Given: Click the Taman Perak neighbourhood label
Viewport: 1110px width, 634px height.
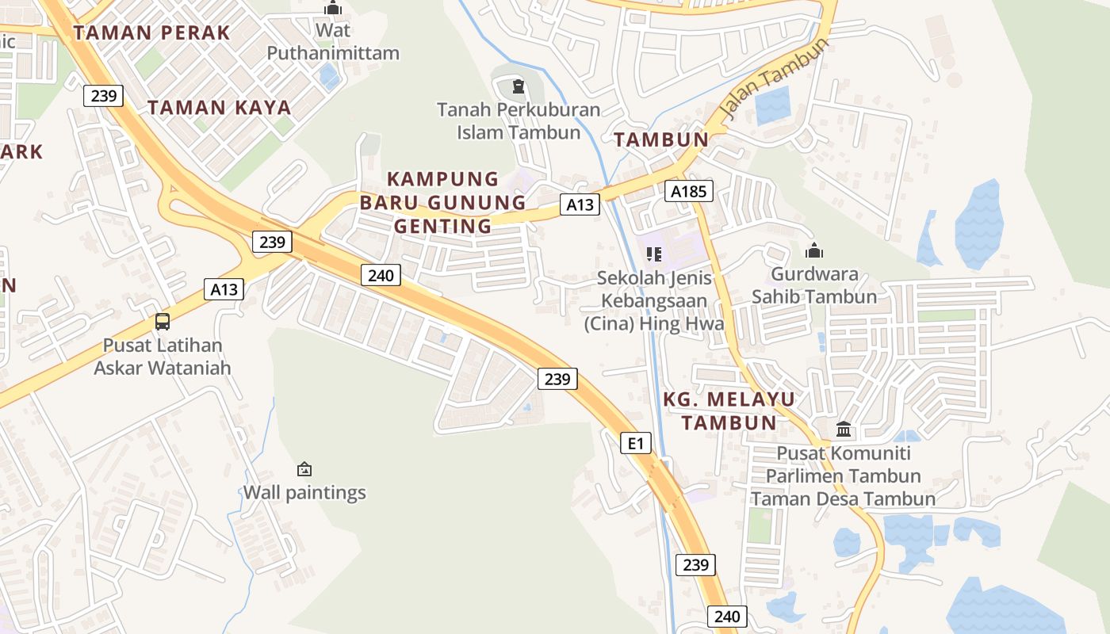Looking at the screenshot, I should tap(151, 32).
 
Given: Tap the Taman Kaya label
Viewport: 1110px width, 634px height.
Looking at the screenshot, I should tap(220, 107).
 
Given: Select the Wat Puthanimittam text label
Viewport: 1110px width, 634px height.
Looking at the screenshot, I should tap(333, 42).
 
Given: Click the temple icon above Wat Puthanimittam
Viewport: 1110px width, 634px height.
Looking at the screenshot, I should tap(333, 9).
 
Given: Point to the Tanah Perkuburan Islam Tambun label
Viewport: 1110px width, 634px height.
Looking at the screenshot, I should tap(519, 120).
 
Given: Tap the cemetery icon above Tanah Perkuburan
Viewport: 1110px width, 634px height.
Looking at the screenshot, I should tap(519, 86).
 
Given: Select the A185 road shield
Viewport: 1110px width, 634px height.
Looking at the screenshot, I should tap(688, 191).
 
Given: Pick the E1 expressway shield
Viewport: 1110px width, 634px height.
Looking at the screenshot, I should tap(636, 443).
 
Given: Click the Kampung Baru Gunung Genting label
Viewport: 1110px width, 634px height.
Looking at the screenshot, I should tap(443, 202).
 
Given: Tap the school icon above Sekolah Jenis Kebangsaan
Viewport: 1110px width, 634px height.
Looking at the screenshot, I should tap(654, 254).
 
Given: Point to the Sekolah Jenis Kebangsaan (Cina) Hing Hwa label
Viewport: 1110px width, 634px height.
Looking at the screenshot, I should tap(654, 301).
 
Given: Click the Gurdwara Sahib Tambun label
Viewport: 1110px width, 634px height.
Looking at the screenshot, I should tap(814, 285).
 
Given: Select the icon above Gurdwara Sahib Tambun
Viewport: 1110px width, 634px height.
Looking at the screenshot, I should tap(814, 251).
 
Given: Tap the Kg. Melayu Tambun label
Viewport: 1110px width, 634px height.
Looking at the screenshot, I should tap(729, 411).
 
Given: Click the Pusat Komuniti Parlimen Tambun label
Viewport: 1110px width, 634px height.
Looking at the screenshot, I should tap(843, 475).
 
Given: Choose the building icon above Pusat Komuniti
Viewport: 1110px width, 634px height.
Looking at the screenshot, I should tap(844, 430).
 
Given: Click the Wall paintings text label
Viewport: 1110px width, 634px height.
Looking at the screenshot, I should tap(304, 492).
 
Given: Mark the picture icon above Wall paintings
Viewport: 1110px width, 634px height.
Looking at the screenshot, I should tap(304, 469).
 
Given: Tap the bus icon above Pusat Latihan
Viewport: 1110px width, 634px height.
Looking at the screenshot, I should tap(163, 322).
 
